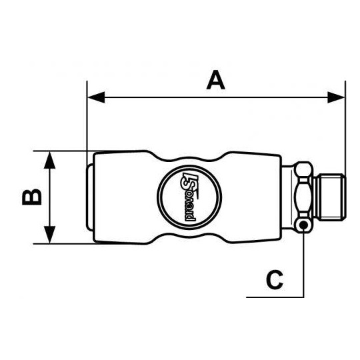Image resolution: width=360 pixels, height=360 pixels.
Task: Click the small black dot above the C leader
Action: [x=304, y=225]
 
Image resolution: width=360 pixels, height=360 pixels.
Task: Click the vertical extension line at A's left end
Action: [x=87, y=120]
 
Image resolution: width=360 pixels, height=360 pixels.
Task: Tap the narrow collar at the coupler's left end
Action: [x=90, y=197]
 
